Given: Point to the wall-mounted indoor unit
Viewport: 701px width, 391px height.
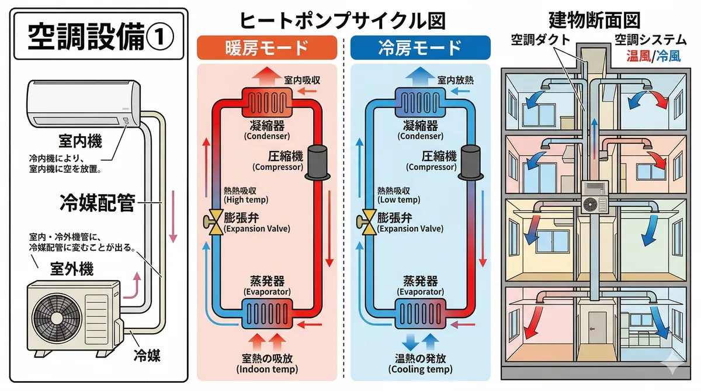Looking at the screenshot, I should tap(83, 104).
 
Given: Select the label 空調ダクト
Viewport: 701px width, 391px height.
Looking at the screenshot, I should tap(541, 40).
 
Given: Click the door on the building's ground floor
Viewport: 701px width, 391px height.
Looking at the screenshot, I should tap(597, 330).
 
